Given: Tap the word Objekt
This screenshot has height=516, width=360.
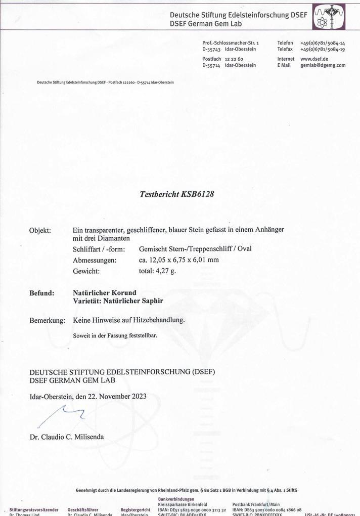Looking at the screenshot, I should (40, 230).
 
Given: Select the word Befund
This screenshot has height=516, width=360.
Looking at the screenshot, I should (41, 293).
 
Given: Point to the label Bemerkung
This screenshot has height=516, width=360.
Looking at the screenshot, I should (47, 320).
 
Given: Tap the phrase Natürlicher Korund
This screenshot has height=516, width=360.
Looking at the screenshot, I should (105, 293).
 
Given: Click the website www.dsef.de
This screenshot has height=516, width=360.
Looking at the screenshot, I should (314, 59).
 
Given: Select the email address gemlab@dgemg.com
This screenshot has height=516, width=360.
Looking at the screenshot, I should (323, 65).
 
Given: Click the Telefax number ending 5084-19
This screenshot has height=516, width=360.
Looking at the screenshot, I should (322, 50).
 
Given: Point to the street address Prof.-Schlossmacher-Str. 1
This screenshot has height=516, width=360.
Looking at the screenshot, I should (230, 44).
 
